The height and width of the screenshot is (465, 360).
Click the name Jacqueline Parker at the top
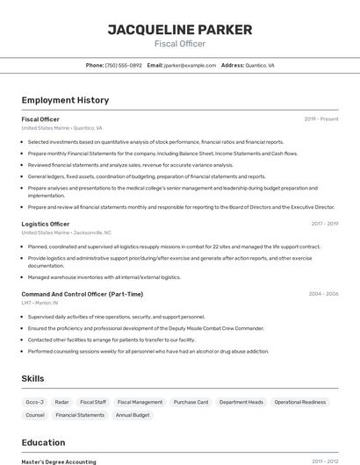click(x=179, y=30)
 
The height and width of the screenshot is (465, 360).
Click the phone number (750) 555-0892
click(x=123, y=65)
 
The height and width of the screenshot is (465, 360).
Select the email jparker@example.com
click(x=190, y=65)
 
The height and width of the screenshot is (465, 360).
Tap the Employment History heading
click(x=65, y=100)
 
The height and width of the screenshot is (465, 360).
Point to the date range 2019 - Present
click(x=320, y=119)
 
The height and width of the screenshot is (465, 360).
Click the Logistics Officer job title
click(x=46, y=224)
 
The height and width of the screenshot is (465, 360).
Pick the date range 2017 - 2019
click(x=324, y=224)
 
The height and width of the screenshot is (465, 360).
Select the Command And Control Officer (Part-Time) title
click(x=83, y=294)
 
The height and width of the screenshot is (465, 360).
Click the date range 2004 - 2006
click(x=323, y=294)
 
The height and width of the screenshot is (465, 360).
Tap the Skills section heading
click(x=33, y=378)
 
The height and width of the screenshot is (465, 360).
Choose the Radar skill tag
click(x=61, y=402)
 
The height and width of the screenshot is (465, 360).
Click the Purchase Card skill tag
click(x=191, y=402)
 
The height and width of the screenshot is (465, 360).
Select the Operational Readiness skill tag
click(x=299, y=402)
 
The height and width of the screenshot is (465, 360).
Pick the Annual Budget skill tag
click(x=133, y=415)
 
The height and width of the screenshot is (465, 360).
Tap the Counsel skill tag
click(x=35, y=415)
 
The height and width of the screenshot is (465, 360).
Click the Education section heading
click(x=44, y=442)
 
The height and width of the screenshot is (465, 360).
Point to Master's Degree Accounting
click(x=58, y=461)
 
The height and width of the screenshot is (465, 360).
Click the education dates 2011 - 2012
click(x=325, y=461)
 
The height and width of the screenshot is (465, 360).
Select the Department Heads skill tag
click(x=241, y=402)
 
